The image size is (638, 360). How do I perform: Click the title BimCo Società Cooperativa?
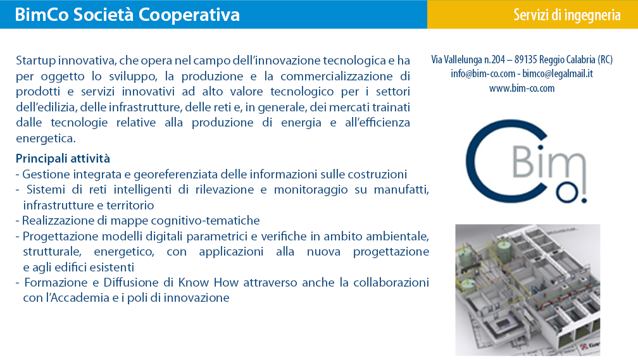tap(127, 15)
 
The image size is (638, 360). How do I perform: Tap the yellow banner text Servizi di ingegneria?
tap(567, 15)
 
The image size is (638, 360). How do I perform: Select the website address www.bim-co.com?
tap(522, 89)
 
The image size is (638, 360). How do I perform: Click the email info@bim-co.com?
tap(483, 73)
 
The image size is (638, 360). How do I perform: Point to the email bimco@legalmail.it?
tap(558, 73)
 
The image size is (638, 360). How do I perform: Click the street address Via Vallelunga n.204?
tap(468, 60)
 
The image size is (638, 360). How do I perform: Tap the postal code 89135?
tap(526, 60)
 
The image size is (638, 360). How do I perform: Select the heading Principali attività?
tap(63, 158)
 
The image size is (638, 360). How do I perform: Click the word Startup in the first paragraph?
tap(36, 61)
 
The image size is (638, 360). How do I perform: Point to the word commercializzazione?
tap(337, 76)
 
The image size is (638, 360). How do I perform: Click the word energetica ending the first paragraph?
tap(46, 139)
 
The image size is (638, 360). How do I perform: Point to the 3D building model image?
tap(527, 290)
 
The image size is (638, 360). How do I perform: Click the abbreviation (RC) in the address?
tap(605, 60)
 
